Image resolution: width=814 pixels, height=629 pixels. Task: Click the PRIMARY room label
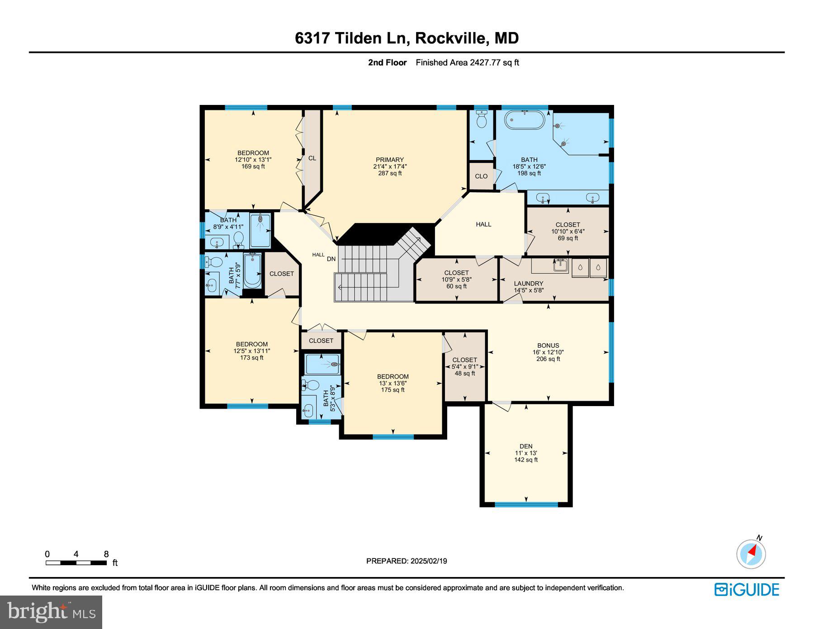coord(389,160)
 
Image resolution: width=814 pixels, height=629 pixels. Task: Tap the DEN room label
coord(526,446)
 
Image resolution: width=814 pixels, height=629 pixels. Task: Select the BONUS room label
coord(548,345)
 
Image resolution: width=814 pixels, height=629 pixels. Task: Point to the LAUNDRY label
coord(529,284)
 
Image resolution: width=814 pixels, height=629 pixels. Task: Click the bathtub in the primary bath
coord(525,120)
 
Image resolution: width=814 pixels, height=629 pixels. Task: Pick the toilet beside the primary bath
coord(482,118)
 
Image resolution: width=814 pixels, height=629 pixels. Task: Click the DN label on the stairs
coord(331,259)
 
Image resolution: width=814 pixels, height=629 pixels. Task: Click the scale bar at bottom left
coord(76,563)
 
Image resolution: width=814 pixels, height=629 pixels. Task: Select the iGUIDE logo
coord(747,590)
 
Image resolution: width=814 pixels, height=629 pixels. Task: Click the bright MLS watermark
coord(51,612)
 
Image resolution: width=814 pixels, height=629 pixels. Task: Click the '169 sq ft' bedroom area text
coord(253,166)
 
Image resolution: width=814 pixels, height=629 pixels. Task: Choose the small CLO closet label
coord(481,176)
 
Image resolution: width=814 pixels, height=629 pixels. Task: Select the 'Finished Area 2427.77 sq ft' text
coord(467,63)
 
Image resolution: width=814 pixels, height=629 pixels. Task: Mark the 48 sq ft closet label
coord(465,374)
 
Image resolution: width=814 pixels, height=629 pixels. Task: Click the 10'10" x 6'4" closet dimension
coord(568,232)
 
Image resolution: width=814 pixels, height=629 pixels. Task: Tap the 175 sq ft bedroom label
coord(393,390)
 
